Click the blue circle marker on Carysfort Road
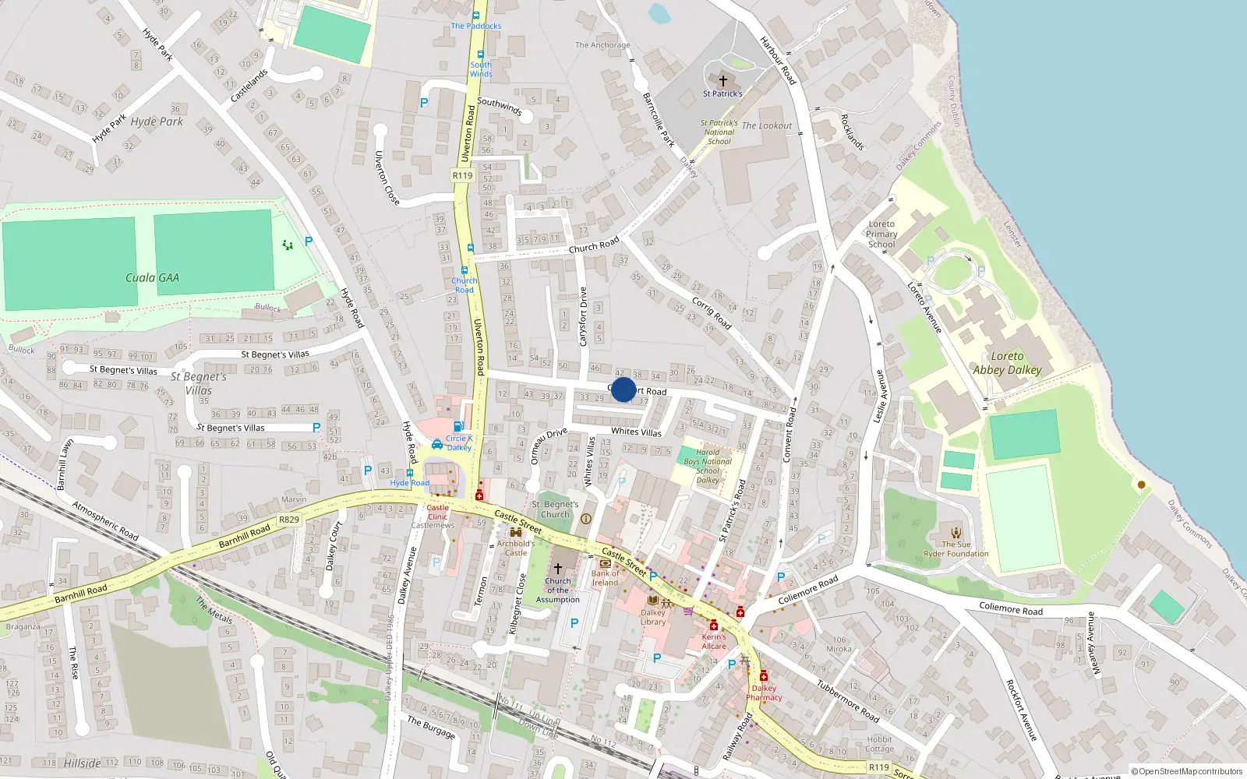point(623,389)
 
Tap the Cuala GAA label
point(152,277)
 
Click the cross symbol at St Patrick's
point(722,80)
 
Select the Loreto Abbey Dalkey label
point(1007,363)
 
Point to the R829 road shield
point(288,520)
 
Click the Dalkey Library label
point(653,617)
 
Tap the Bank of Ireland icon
point(605,563)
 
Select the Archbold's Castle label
point(516,548)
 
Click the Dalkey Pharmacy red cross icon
point(763,675)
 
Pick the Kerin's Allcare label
point(714,641)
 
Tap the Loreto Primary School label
point(881,234)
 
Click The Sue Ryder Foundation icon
point(956,533)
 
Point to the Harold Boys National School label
point(708,466)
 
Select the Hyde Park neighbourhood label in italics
point(157,122)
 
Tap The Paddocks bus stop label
point(476,26)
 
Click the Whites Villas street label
point(636,432)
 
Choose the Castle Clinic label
point(437,512)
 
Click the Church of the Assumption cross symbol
point(558,568)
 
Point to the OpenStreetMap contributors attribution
point(1187,771)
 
